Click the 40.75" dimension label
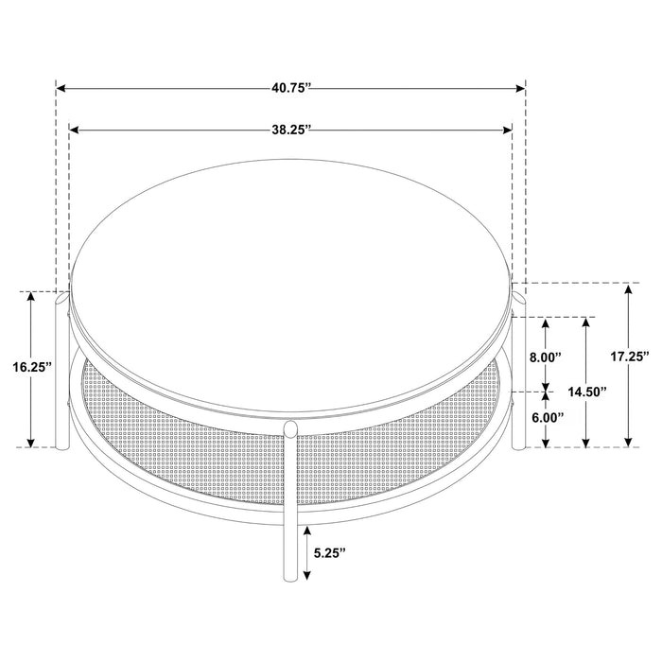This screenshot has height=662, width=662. (290, 88)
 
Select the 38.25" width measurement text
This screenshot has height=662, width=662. (291, 131)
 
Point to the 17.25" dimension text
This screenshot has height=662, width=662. (629, 357)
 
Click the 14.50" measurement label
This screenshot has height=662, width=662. (588, 392)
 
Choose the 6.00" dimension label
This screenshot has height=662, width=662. (545, 417)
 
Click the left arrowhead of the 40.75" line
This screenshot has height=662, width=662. (61, 88)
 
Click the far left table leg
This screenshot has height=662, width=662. (62, 378)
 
